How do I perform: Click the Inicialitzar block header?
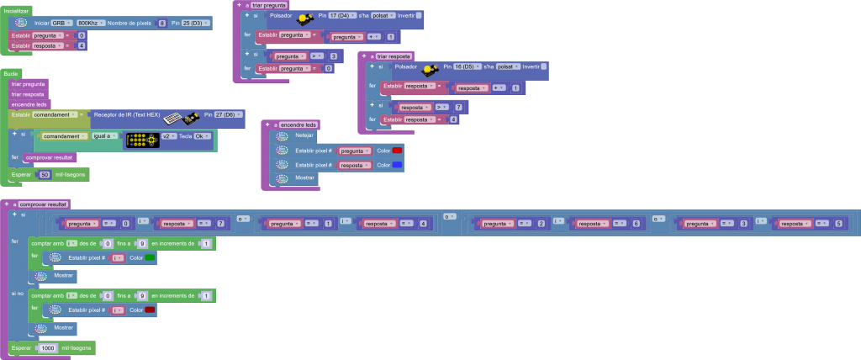(17, 10)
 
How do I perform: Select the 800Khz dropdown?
(91, 23)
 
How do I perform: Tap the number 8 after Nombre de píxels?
(162, 23)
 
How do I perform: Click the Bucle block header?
(11, 74)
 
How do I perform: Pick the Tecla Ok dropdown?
(201, 135)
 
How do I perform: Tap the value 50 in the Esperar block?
(45, 174)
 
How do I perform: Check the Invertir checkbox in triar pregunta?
(419, 16)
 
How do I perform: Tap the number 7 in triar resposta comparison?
(458, 108)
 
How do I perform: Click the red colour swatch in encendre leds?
(397, 151)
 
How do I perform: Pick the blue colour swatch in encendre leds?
(397, 165)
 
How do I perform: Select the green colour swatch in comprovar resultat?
(149, 257)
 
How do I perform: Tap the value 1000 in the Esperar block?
(49, 347)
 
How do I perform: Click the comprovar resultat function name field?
(44, 204)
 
